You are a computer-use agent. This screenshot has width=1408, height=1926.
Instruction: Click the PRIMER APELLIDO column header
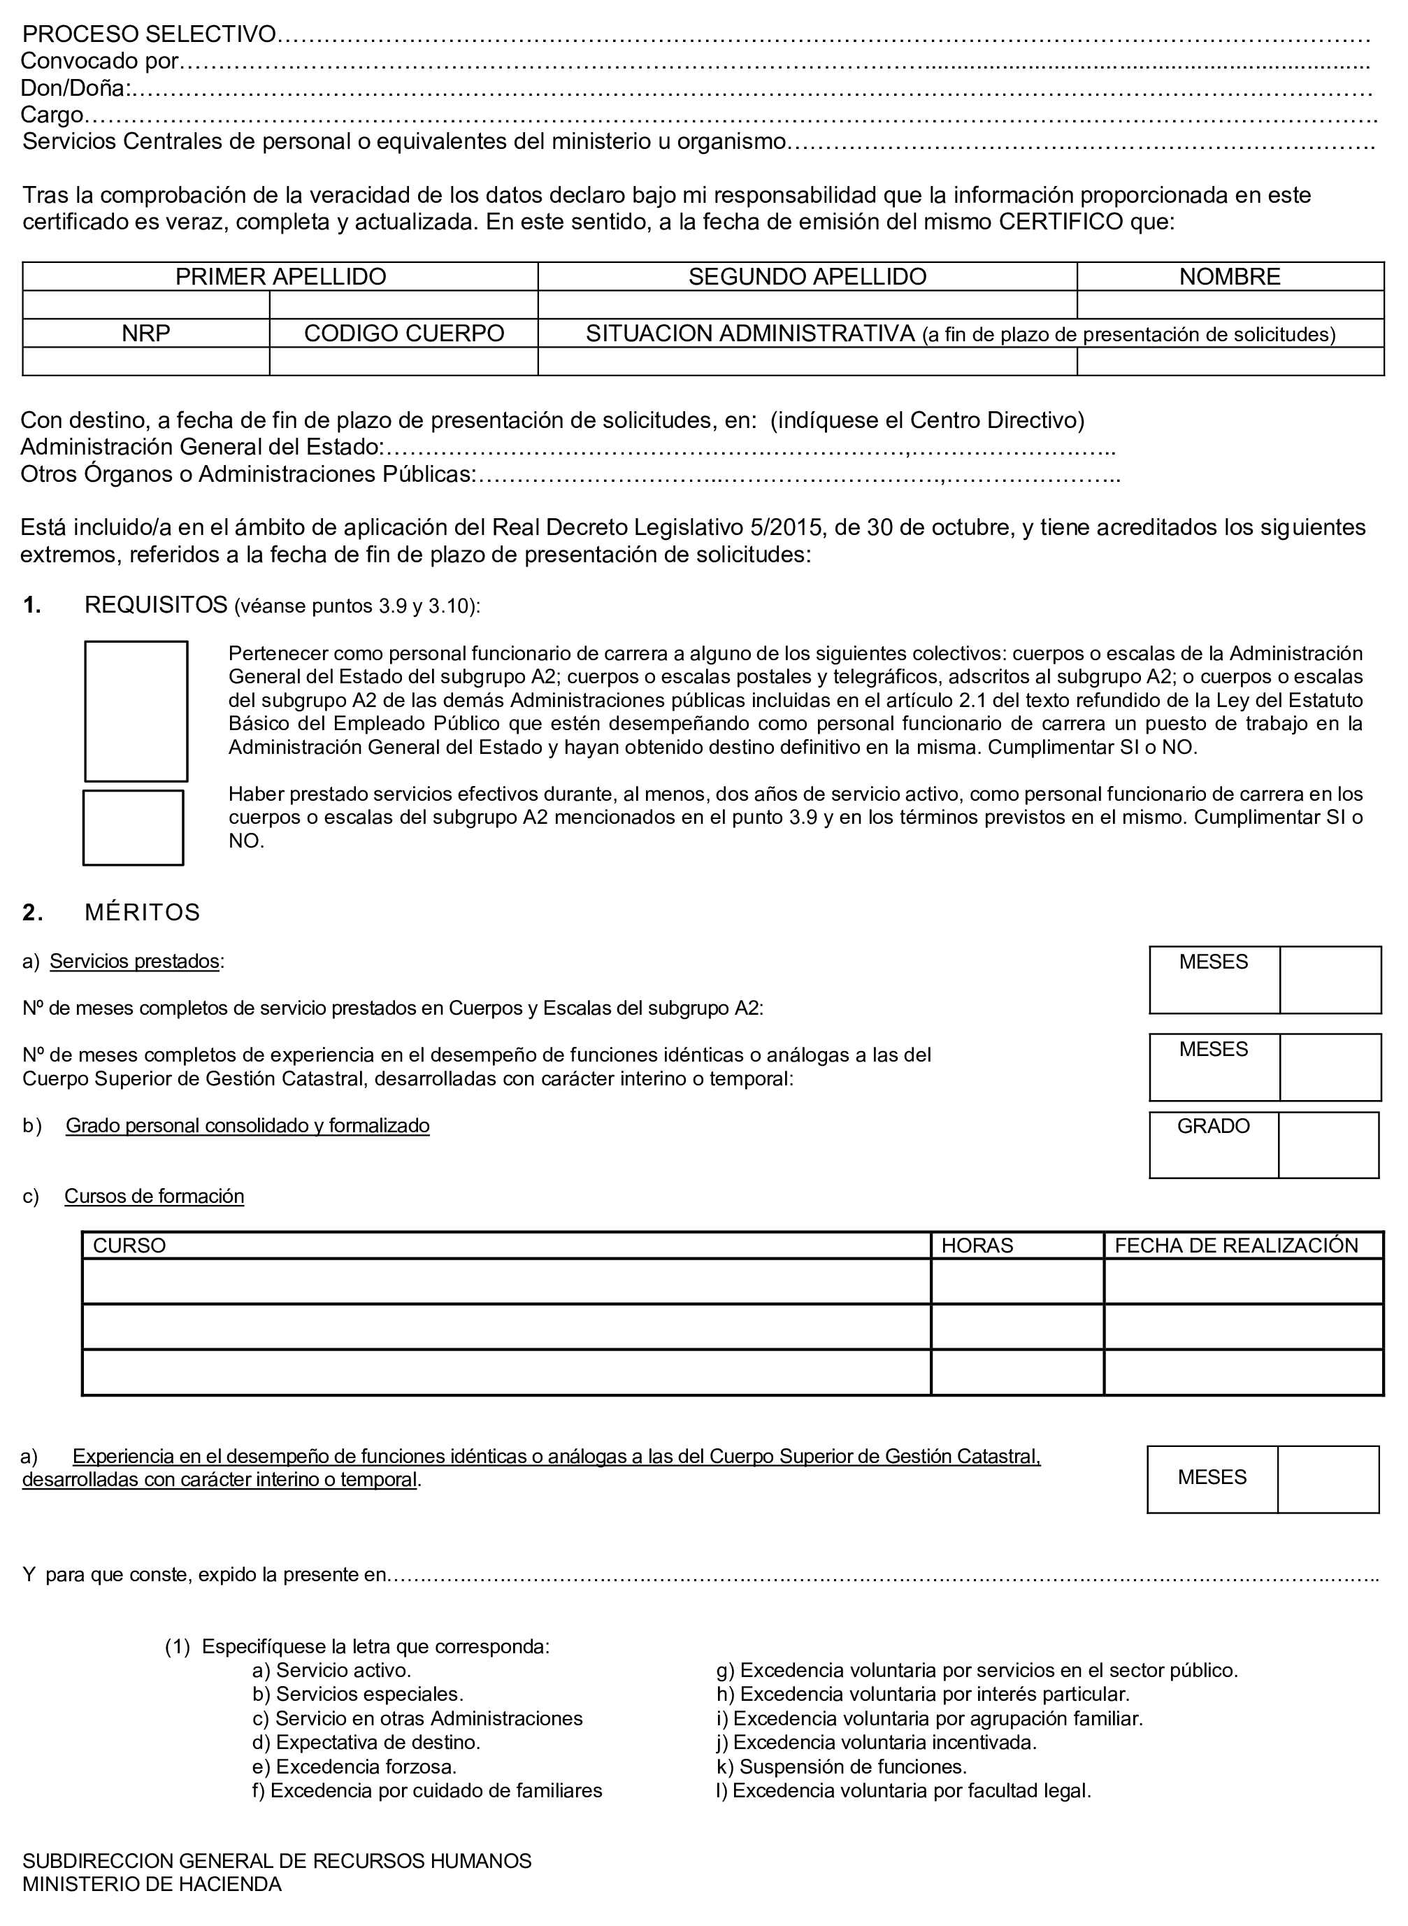280,276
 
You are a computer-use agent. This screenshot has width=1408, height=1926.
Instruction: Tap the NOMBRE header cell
1229,276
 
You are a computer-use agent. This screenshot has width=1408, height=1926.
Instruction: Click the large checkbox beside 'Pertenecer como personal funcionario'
136,711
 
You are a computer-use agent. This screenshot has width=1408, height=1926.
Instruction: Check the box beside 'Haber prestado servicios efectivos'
133,827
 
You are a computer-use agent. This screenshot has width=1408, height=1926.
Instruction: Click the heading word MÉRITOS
143,912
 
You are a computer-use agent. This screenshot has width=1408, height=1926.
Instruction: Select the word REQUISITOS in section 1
156,606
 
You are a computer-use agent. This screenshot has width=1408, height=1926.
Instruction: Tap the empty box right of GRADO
1328,1145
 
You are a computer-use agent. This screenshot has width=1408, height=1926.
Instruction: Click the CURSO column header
129,1246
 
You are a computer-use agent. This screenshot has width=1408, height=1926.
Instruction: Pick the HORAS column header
977,1246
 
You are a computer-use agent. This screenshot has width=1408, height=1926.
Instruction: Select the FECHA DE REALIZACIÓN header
1236,1246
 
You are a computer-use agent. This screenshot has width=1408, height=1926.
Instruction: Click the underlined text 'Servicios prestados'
135,962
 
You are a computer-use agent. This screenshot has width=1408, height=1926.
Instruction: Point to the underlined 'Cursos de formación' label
155,1196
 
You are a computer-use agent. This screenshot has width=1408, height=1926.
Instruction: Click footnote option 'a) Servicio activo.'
331,1670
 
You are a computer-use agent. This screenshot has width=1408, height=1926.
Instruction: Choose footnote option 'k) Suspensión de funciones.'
841,1766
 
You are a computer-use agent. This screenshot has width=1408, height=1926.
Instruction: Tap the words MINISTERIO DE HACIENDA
152,1884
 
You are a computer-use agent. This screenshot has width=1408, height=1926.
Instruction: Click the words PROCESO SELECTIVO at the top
149,34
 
